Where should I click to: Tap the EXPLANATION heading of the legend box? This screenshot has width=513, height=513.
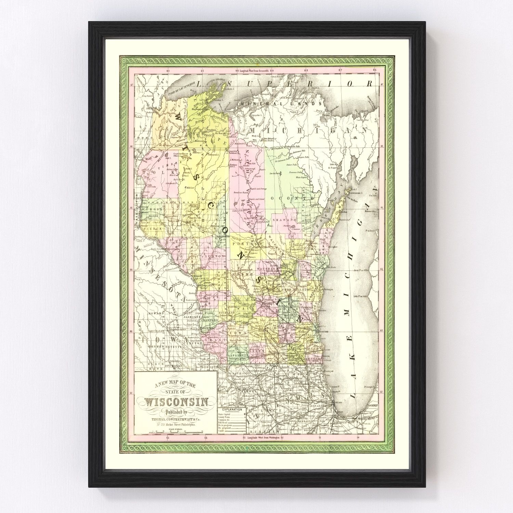tap(232, 409)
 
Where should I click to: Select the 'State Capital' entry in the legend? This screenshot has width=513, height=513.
tap(224, 414)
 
